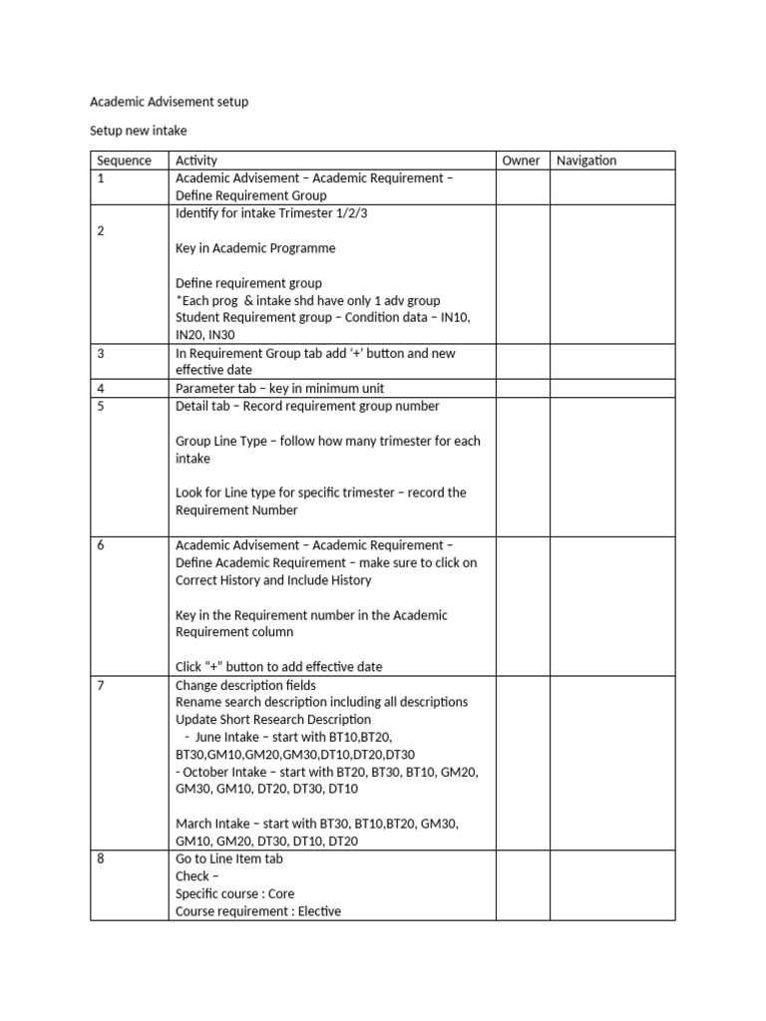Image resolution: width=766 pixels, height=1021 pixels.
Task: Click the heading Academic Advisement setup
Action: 169,102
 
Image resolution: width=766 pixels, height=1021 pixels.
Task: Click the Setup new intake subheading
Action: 139,131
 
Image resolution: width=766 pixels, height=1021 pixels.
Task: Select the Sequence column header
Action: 124,161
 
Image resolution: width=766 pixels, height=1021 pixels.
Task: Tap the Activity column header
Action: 196,161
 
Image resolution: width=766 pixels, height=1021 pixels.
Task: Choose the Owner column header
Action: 521,161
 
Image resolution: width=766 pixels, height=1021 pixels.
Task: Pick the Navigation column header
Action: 586,161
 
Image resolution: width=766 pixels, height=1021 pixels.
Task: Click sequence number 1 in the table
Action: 101,178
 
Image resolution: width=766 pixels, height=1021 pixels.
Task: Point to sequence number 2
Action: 101,230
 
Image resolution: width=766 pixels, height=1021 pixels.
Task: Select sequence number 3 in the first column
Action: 101,353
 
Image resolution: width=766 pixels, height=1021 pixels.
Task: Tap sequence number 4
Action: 101,388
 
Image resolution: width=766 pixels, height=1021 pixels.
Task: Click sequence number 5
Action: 101,406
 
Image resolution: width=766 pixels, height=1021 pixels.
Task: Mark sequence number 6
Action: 101,545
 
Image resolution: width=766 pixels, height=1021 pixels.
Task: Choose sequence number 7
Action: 101,685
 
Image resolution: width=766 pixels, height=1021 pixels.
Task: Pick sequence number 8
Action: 101,858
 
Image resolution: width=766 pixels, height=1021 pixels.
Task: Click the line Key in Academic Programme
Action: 255,248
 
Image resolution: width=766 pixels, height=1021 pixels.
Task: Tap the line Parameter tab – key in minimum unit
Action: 279,388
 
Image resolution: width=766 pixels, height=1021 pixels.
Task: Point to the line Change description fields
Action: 245,685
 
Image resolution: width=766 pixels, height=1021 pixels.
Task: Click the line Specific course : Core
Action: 234,893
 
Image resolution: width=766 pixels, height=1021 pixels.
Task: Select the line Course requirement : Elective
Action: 257,910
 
